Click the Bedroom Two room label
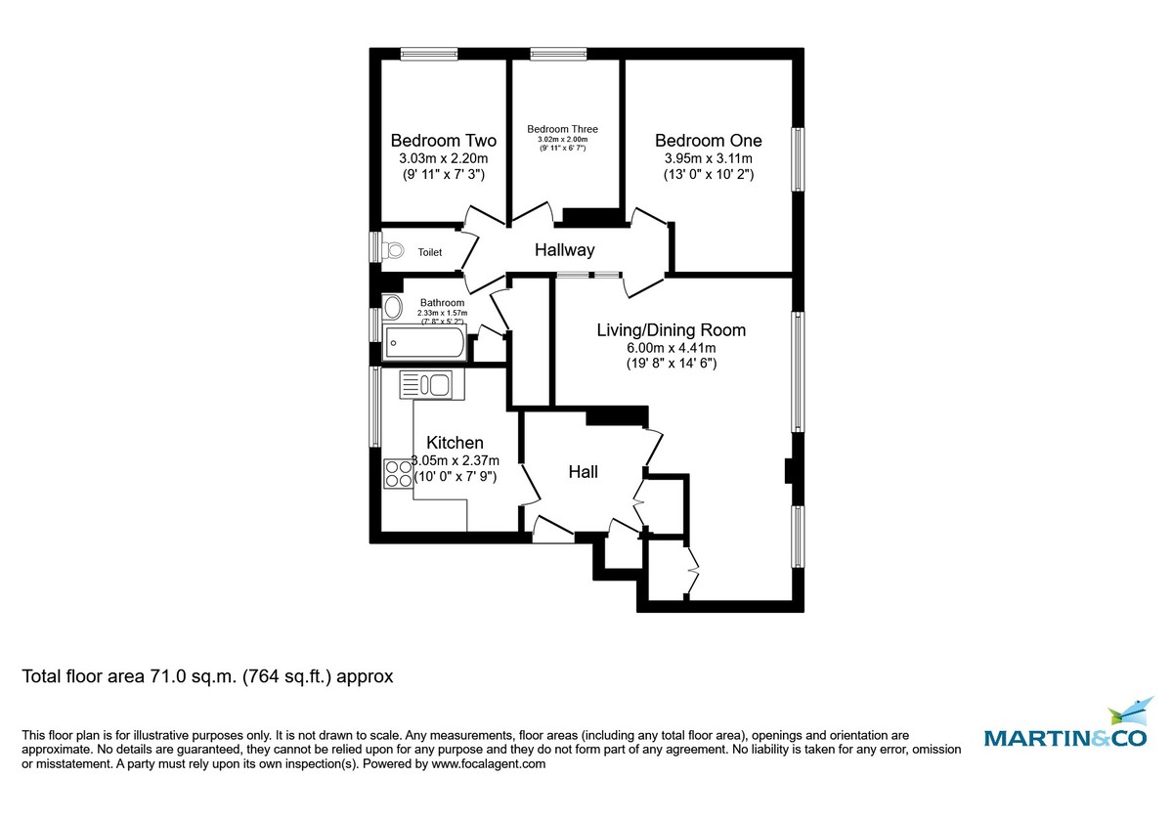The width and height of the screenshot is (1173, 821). (x=443, y=140)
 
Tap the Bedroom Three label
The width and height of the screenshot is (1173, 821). (x=562, y=129)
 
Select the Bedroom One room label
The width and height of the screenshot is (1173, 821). (x=708, y=140)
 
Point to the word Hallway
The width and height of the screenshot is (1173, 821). (x=564, y=250)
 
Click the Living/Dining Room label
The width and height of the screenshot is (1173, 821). (x=671, y=330)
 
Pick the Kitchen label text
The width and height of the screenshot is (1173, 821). (x=455, y=444)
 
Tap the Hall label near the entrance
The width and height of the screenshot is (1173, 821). (x=584, y=472)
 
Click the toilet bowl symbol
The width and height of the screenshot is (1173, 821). (x=393, y=251)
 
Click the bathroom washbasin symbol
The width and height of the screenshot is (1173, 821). (x=392, y=308)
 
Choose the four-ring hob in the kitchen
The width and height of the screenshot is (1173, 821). (x=398, y=473)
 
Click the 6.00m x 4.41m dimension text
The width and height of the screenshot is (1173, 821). (x=671, y=348)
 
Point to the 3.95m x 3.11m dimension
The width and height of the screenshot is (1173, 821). (x=708, y=158)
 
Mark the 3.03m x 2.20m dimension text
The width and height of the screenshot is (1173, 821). (x=443, y=158)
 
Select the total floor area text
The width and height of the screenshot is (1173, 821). (x=207, y=676)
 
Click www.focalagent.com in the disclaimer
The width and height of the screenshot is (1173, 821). (x=488, y=765)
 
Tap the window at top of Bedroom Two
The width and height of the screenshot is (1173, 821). (x=430, y=54)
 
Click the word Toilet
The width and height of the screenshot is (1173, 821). (x=429, y=252)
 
